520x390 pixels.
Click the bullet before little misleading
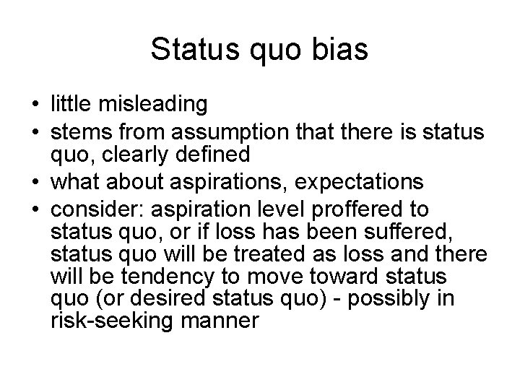(35, 105)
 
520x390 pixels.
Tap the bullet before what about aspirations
(35, 179)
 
